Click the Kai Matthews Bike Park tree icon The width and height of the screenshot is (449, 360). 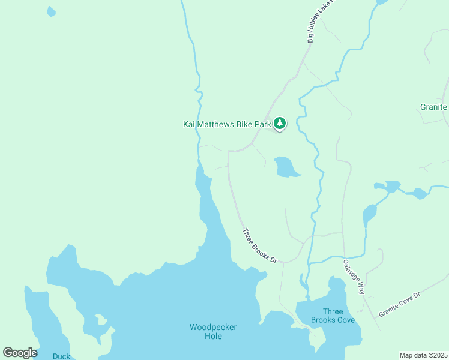279,124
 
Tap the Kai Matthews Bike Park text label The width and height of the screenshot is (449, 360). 228,124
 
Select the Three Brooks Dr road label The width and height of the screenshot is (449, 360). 259,245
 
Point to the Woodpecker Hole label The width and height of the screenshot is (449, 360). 213,332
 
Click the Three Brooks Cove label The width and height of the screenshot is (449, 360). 333,316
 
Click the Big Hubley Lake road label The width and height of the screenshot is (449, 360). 319,22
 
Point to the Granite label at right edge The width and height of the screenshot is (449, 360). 433,107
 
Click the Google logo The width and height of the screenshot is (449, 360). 20,353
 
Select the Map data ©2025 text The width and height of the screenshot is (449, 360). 423,355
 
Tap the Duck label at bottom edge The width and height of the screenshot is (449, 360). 61,356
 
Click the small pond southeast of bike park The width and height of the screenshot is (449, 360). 285,167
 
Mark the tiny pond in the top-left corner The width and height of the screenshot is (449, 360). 51,11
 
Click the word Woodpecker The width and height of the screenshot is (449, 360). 213,327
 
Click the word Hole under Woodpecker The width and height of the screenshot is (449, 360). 213,337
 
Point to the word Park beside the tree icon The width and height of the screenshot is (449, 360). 262,124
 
